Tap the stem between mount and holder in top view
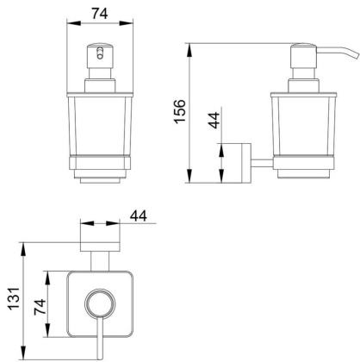pos(97,259)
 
